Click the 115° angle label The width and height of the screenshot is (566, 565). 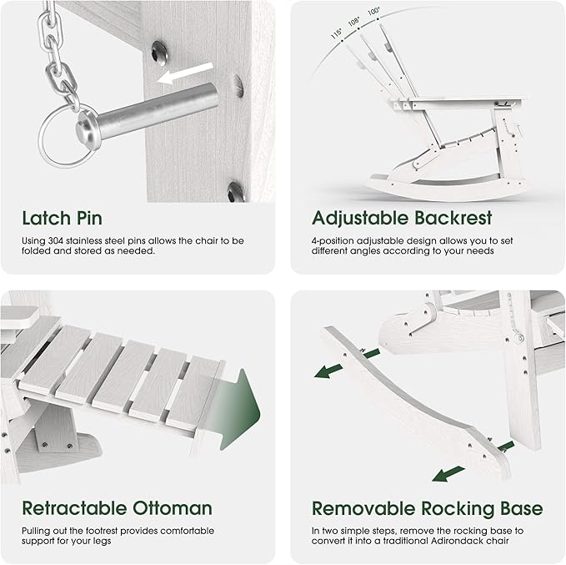coord(337,33)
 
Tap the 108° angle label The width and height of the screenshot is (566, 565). coord(354,22)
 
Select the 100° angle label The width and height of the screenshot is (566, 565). coord(374,12)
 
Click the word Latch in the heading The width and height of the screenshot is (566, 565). coord(46,218)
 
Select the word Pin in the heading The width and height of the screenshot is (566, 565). coord(89,218)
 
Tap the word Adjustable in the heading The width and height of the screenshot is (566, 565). coord(360,219)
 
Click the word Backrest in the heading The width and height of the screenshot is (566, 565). coord(453,218)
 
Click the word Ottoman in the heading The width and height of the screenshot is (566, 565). coord(173,508)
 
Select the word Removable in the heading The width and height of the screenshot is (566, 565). coord(363,508)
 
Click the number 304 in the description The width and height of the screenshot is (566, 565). coord(56,240)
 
